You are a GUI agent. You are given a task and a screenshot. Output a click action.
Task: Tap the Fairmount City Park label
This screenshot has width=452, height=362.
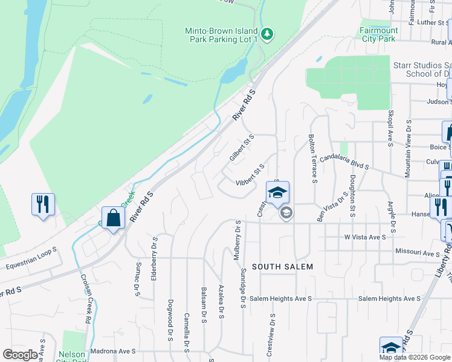[x=379, y=34]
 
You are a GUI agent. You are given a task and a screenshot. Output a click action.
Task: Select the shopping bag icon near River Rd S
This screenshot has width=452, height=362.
[x=113, y=218]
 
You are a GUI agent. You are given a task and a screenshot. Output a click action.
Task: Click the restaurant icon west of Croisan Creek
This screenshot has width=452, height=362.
[x=43, y=204]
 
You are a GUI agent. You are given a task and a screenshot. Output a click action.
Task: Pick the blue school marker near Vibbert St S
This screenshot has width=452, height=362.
[x=277, y=193]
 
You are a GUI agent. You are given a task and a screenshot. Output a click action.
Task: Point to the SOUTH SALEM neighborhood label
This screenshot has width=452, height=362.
[x=282, y=267]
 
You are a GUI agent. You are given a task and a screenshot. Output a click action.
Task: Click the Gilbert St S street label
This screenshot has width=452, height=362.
[x=242, y=148]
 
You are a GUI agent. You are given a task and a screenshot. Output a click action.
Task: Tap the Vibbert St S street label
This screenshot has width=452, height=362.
[x=250, y=174]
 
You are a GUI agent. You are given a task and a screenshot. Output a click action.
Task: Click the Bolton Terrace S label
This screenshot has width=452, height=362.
[x=313, y=158]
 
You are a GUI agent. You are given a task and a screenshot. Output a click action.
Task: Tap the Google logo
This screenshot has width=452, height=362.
[x=21, y=355]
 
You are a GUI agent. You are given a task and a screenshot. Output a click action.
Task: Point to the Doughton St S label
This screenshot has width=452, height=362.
[x=352, y=194]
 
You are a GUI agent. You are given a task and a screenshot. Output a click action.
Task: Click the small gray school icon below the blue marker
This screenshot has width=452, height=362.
[x=286, y=212]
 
